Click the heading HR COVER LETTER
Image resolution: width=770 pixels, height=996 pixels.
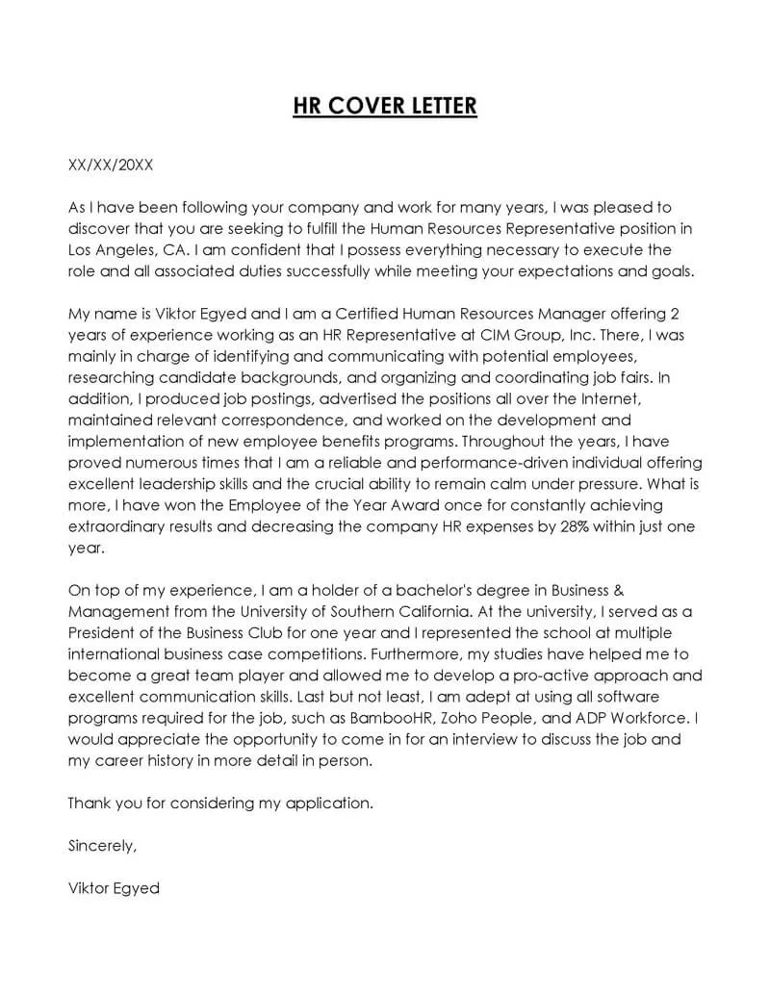[385, 105]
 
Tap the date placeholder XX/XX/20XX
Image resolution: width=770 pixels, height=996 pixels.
[111, 165]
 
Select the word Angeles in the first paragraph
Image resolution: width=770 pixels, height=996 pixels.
[127, 249]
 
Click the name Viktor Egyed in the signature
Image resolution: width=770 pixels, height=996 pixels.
[114, 888]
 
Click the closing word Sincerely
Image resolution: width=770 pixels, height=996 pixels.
[102, 846]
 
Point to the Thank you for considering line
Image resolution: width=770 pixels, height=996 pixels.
[220, 802]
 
